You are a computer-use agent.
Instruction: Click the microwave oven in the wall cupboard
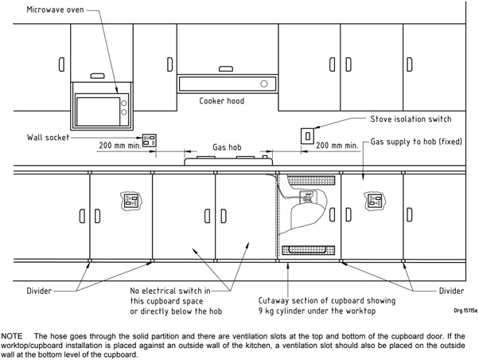point(102,109)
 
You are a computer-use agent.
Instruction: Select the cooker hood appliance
point(227,84)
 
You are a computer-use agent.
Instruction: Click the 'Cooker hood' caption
point(222,102)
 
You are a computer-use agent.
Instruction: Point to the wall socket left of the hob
point(149,139)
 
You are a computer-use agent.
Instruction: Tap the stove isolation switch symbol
point(306,135)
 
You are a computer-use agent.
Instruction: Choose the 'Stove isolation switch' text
point(411,119)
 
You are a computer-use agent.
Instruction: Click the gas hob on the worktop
point(228,161)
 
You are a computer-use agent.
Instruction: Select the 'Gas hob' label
point(227,147)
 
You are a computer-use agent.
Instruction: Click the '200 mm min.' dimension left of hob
point(118,147)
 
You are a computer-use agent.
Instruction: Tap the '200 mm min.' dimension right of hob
point(337,147)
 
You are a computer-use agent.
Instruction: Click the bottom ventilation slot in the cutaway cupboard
point(306,251)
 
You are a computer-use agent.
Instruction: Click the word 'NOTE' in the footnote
point(14,330)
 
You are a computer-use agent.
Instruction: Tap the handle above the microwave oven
point(97,76)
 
